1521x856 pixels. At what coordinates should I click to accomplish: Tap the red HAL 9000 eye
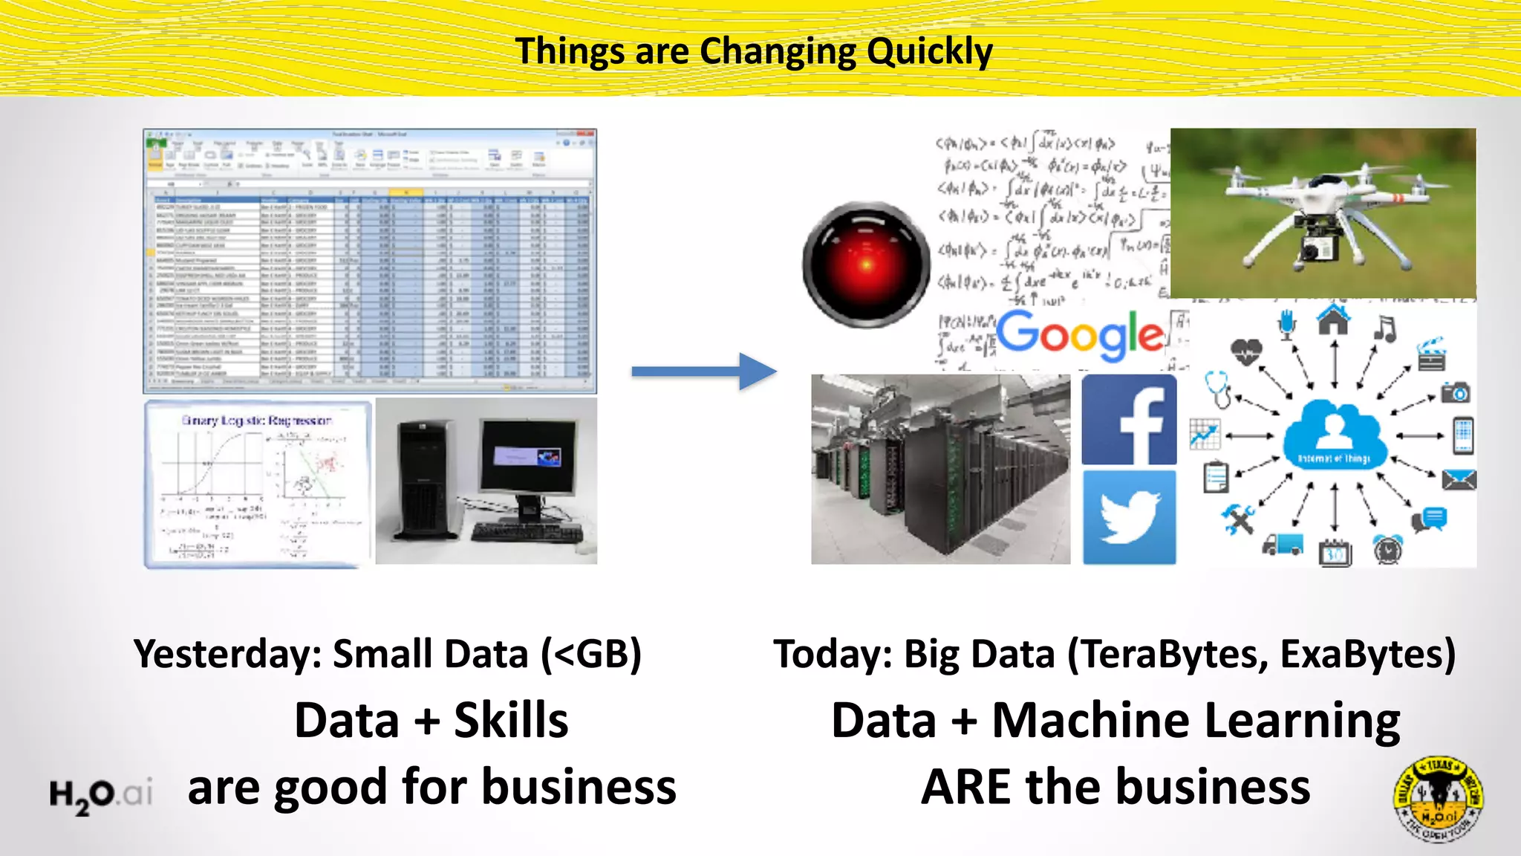click(866, 264)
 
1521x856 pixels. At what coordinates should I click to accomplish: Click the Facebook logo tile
click(1129, 420)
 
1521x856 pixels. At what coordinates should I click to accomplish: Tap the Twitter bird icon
click(1129, 518)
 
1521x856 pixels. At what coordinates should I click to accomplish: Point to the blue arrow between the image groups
click(703, 371)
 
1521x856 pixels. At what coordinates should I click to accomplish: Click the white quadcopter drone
click(1322, 215)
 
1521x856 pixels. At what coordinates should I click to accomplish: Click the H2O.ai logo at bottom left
click(101, 795)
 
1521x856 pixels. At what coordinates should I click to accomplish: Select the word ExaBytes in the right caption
click(1367, 655)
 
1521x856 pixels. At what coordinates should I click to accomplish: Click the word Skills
click(511, 721)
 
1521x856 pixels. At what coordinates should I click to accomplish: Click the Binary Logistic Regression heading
click(256, 421)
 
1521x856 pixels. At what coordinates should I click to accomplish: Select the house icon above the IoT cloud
click(1334, 321)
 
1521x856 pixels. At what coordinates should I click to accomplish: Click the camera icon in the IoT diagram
click(1455, 392)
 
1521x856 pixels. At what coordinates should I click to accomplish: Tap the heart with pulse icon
click(1245, 350)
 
